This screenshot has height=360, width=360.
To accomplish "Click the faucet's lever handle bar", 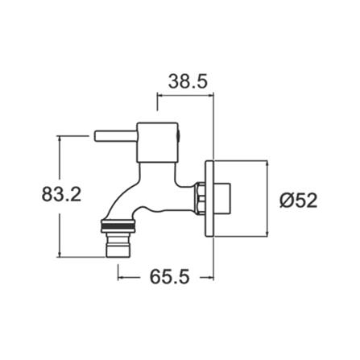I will click(x=115, y=133).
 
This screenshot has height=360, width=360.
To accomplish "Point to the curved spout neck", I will click(x=133, y=193).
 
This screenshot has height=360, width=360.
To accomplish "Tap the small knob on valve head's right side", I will click(x=180, y=132).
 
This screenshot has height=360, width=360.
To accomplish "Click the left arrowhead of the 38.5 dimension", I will click(x=159, y=96).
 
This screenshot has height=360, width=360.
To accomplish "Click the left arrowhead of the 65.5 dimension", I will click(x=121, y=279).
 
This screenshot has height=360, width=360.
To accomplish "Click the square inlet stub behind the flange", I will click(x=228, y=197).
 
